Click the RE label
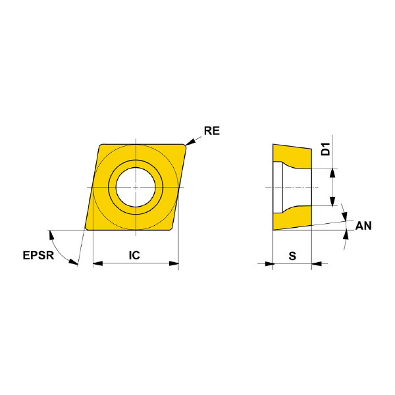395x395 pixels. (212, 131)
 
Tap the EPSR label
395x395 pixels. (38, 255)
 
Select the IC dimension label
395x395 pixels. (134, 255)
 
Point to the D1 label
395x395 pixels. (326, 149)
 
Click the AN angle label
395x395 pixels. (363, 226)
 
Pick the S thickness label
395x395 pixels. (292, 256)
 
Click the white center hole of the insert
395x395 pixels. (136, 187)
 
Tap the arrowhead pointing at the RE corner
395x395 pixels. (190, 142)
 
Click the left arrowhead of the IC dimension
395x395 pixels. (98, 263)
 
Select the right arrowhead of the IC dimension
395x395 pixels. (174, 263)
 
